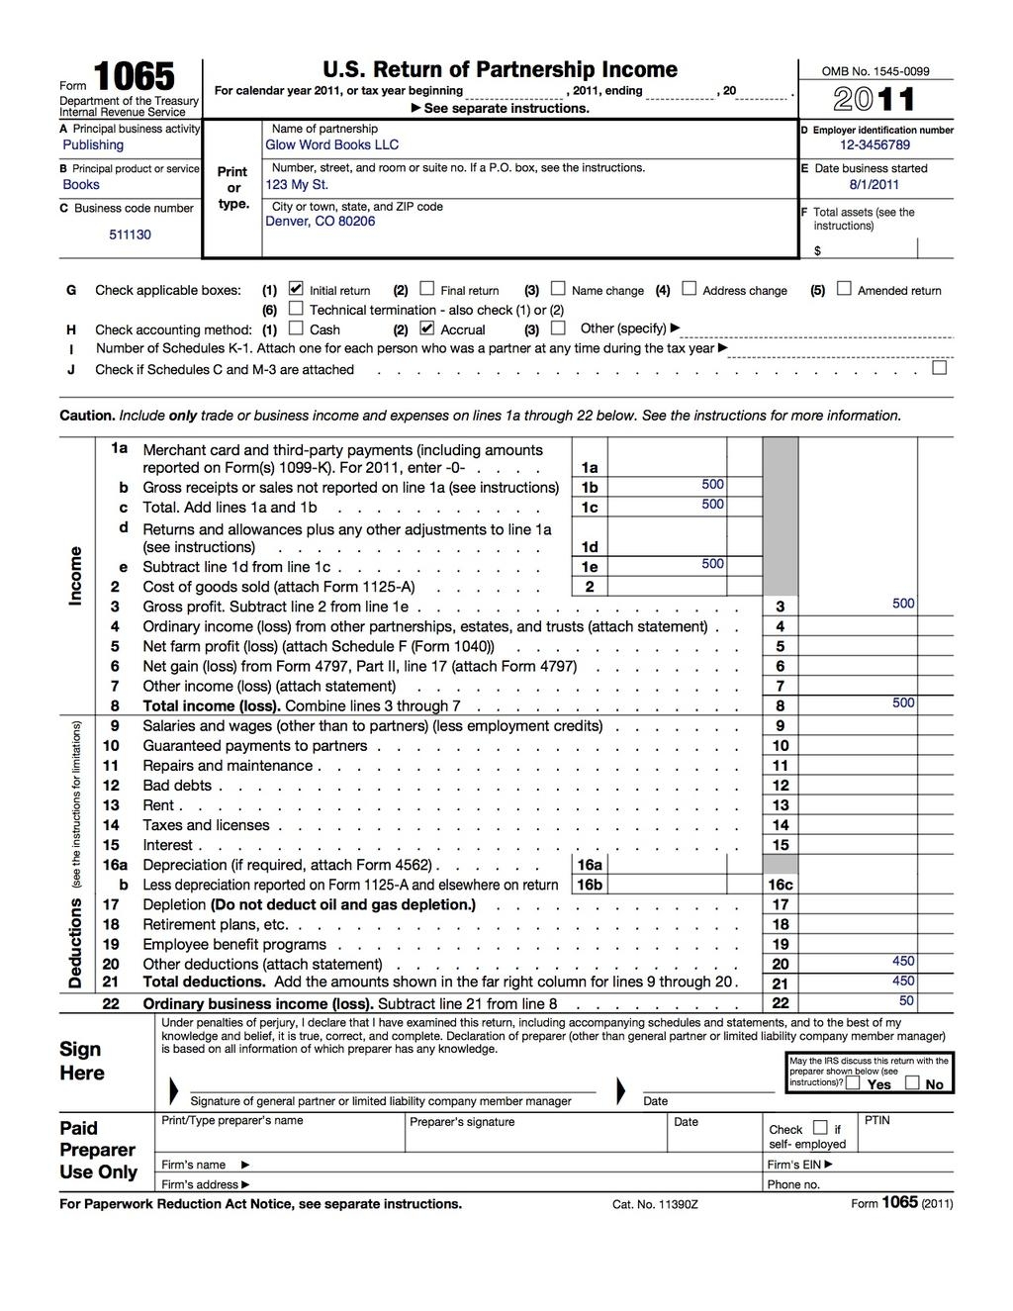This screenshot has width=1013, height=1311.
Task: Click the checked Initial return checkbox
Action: point(296,289)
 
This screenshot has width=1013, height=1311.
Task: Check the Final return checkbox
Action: point(427,289)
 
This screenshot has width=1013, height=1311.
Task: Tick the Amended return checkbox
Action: point(844,289)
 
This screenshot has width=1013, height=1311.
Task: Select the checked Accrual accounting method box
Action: point(427,328)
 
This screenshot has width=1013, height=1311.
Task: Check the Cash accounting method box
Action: point(297,328)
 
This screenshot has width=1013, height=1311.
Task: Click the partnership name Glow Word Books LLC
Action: point(332,144)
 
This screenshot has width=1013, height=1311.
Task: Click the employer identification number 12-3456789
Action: point(875,144)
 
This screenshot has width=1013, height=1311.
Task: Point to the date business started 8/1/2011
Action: point(874,184)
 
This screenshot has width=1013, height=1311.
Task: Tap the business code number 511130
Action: point(130,234)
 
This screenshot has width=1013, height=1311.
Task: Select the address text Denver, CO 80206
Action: point(321,222)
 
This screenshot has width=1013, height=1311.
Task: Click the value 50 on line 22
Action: point(906,1000)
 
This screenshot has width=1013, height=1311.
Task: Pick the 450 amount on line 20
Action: point(902,961)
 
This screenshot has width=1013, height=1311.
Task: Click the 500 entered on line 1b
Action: point(712,484)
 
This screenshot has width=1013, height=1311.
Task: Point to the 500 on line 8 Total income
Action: point(902,702)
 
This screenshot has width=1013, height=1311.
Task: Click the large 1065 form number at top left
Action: point(134,77)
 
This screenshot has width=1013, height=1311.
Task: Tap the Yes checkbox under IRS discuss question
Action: point(853,1082)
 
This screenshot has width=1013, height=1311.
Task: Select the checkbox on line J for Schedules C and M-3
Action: point(940,368)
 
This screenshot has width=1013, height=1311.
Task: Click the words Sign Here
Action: point(81,1061)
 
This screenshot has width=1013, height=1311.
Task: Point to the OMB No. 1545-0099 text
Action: point(875,71)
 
